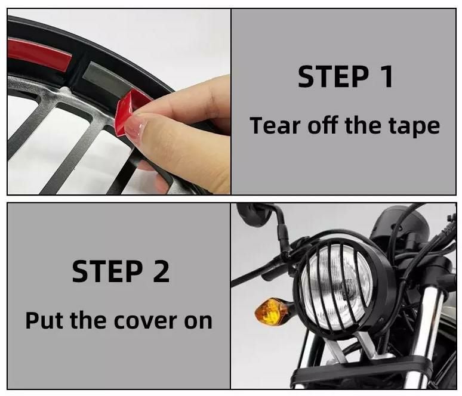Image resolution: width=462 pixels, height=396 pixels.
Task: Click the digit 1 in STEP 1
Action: [x=387, y=76]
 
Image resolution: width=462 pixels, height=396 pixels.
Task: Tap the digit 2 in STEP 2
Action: [x=161, y=271]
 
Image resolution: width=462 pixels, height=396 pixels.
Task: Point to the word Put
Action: [x=44, y=320]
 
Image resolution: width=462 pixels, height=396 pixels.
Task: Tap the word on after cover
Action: [x=198, y=322]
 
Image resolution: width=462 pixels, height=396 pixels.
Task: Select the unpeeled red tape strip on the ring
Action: [x=40, y=54]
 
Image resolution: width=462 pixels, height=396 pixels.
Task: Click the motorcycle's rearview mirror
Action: [x=254, y=214]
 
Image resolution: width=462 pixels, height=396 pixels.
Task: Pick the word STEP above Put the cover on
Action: [x=107, y=271]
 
